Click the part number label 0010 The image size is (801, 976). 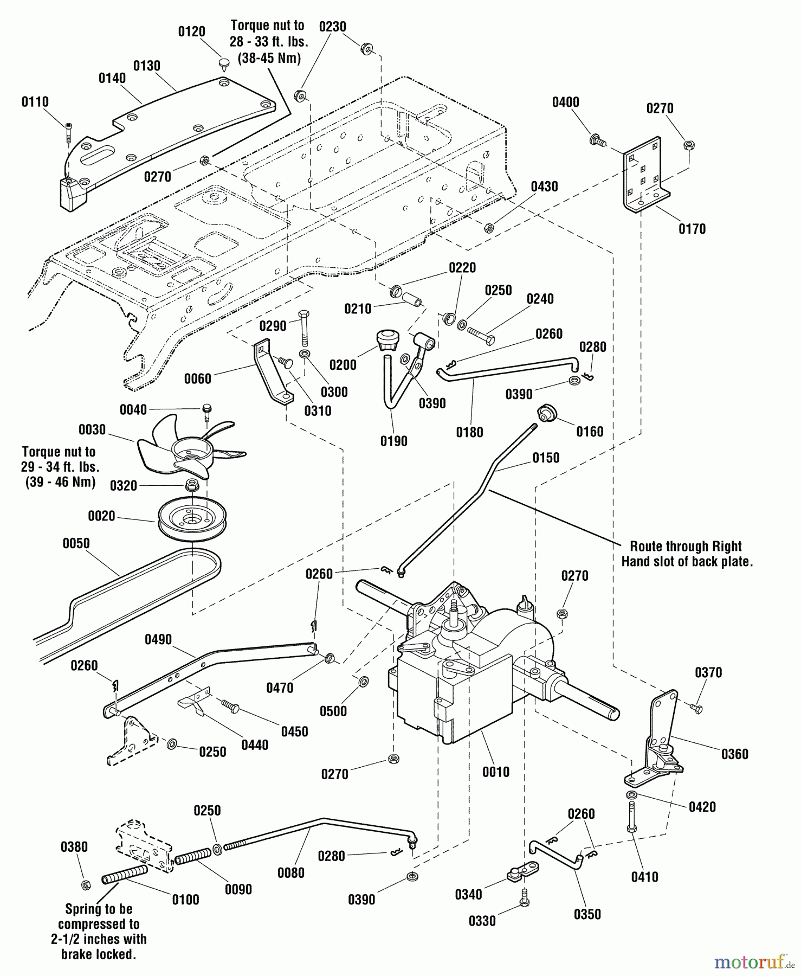[x=496, y=772]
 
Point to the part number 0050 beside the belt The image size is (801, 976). [x=76, y=543]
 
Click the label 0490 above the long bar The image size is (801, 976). [x=158, y=640]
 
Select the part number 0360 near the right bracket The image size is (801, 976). [x=734, y=754]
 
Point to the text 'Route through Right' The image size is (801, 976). [x=686, y=546]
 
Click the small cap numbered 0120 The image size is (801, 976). [x=224, y=64]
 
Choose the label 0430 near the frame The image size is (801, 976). [x=544, y=187]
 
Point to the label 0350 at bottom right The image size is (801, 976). [x=587, y=914]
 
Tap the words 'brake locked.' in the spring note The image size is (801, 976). [x=98, y=954]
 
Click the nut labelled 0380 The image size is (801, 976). [x=85, y=885]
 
